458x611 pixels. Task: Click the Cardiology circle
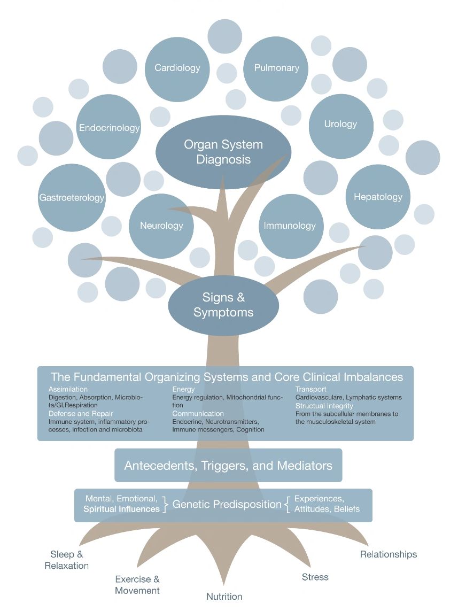[x=177, y=68]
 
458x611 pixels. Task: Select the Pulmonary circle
[x=276, y=68]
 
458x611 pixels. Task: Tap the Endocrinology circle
[x=108, y=128]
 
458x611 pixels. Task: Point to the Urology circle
[x=340, y=124]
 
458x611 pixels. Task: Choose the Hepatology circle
[x=378, y=197]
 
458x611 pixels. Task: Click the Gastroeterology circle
[x=72, y=198]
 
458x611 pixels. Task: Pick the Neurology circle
[x=161, y=226]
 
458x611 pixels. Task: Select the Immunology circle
[x=290, y=226]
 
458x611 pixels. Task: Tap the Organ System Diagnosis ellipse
[x=223, y=152]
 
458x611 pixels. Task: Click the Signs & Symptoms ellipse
[x=223, y=305]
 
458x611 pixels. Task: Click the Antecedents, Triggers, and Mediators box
[x=228, y=465]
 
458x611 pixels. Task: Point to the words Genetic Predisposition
[x=227, y=504]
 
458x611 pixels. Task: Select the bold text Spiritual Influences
[x=121, y=509]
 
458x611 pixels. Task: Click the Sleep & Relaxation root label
[x=67, y=560]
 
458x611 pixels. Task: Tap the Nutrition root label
[x=224, y=597]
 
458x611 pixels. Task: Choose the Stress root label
[x=315, y=577]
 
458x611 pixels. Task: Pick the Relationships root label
[x=388, y=554]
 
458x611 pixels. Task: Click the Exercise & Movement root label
[x=137, y=585]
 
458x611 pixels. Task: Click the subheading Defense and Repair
[x=81, y=413]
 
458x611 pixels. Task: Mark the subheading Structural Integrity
[x=324, y=406]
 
